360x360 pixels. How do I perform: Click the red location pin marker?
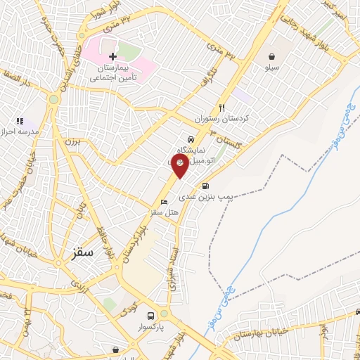pyautogui.click(x=181, y=165)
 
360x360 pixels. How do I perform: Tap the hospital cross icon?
pyautogui.click(x=112, y=56)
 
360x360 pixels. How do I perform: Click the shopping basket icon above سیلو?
pyautogui.click(x=271, y=56)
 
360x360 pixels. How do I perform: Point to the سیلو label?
pyautogui.click(x=271, y=68)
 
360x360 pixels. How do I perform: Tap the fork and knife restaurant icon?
pyautogui.click(x=223, y=108)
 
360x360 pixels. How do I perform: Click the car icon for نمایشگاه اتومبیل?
pyautogui.click(x=191, y=139)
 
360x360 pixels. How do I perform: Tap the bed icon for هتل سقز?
pyautogui.click(x=164, y=202)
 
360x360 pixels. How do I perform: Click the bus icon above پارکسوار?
pyautogui.click(x=150, y=316)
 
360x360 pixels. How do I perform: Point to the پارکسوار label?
pyautogui.click(x=150, y=328)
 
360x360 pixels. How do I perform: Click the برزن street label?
pyautogui.click(x=74, y=141)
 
